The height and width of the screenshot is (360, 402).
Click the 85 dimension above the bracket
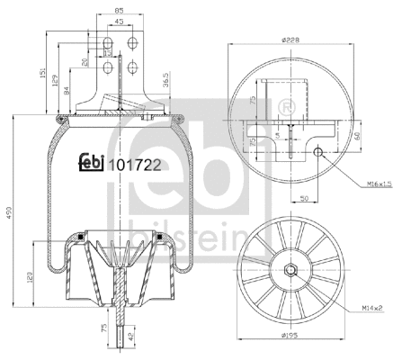[x=119, y=12]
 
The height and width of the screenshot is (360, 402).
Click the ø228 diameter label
[x=288, y=38]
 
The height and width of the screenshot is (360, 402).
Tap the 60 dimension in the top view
[x=357, y=136]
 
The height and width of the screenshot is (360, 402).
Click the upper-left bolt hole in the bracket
[x=112, y=42]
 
